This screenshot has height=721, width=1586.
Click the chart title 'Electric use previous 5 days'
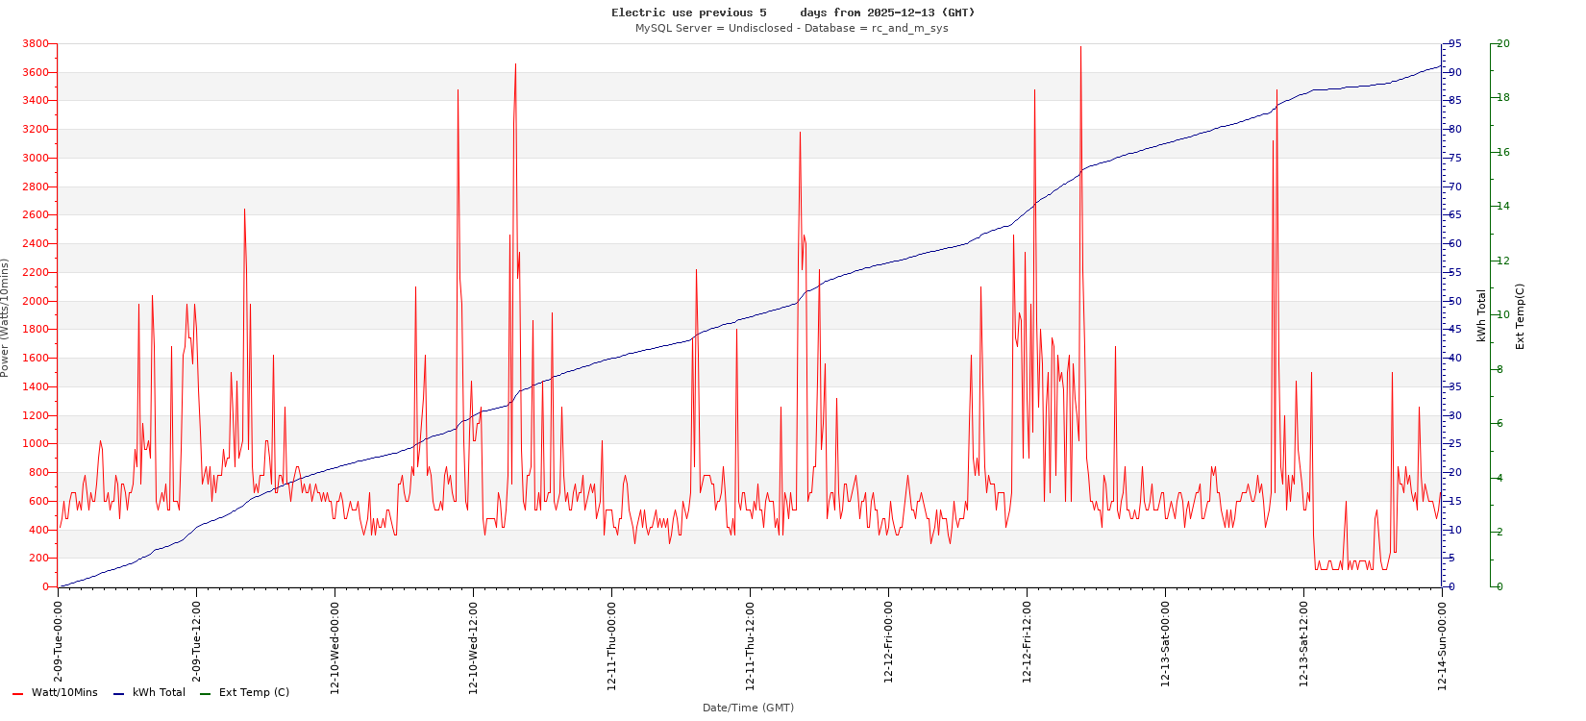coord(793,12)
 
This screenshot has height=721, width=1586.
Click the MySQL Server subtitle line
coord(791,28)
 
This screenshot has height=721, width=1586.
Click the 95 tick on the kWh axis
coord(1455,44)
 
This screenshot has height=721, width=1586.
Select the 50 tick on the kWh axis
coord(1455,301)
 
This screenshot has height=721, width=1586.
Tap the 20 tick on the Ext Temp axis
coord(1503,44)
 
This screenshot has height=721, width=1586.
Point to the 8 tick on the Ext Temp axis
coord(1499,369)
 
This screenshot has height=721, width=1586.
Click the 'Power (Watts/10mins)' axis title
coord(6,317)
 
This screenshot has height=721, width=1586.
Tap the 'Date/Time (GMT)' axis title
coord(748,708)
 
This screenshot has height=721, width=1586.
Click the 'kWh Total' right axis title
coord(1481,315)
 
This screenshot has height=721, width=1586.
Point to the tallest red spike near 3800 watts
coord(1080,48)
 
